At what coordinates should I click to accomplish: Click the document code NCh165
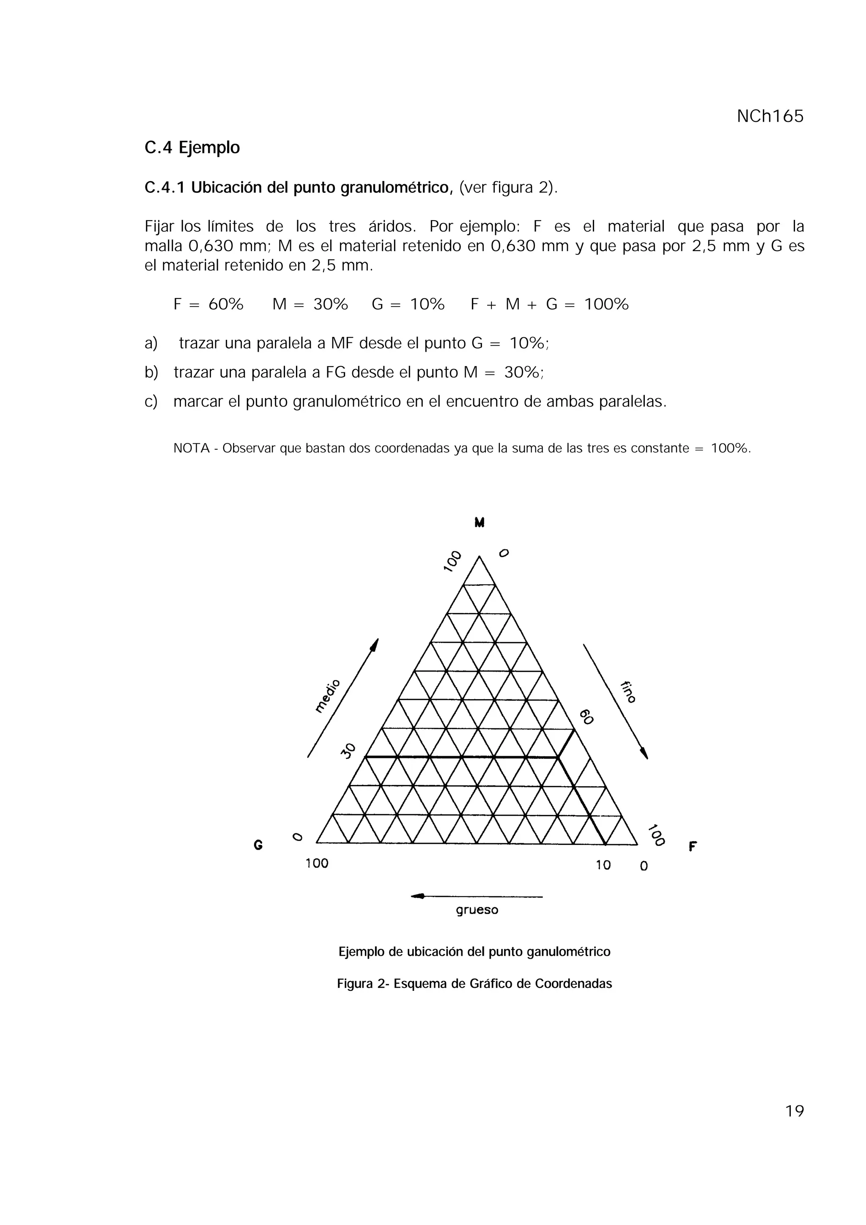coord(770,116)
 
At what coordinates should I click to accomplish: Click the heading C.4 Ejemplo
coord(192,147)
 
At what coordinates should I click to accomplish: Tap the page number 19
coord(794,1111)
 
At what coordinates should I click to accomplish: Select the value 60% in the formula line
coord(226,305)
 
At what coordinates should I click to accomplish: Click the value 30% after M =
coord(330,305)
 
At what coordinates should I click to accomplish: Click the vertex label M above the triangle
coord(479,522)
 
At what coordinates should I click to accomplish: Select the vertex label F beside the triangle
coord(693,847)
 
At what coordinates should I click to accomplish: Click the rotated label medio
coord(327,696)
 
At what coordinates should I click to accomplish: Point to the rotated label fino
coord(628,692)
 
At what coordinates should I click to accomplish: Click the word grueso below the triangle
coord(477,910)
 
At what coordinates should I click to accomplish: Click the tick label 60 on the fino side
coord(586,716)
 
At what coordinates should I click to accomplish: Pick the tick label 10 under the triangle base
coord(603,865)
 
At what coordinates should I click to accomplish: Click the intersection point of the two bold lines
coord(558,757)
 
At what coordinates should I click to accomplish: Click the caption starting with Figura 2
coord(474,984)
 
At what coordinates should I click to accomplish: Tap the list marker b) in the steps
coord(151,372)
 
